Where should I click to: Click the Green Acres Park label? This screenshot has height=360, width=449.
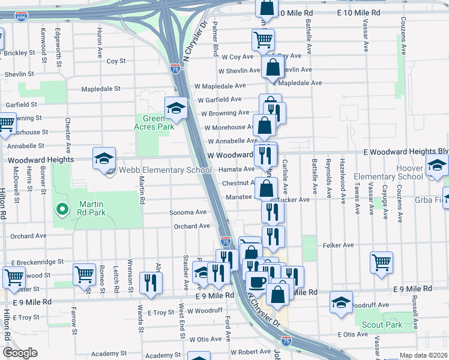click(x=154, y=122)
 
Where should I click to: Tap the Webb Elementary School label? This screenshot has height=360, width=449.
click(x=166, y=170)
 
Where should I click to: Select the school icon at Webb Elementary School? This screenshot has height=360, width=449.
click(x=104, y=158)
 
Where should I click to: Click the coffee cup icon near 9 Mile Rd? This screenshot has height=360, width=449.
click(x=258, y=282)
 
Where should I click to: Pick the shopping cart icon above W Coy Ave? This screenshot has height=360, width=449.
click(x=263, y=40)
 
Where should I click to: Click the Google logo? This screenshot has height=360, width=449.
click(x=20, y=353)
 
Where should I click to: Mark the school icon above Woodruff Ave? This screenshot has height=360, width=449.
click(x=341, y=302)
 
